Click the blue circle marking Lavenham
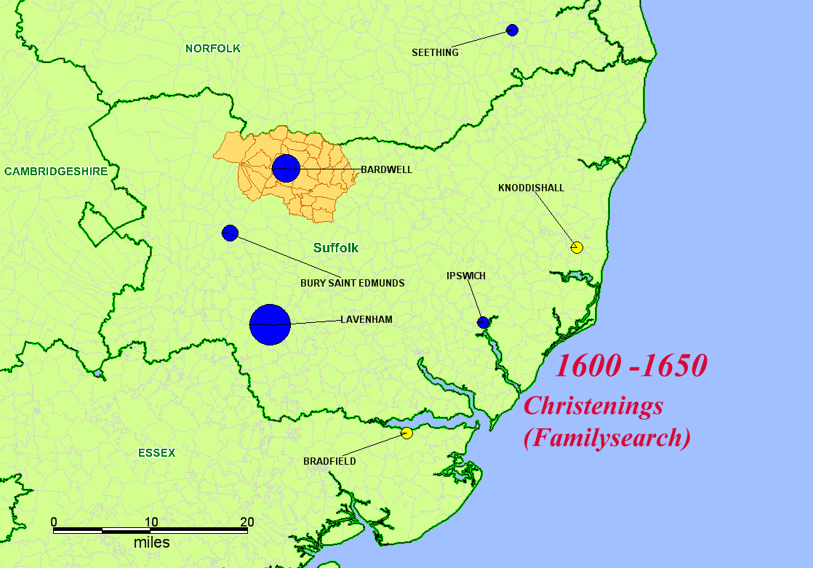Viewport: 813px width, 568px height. pyautogui.click(x=270, y=324)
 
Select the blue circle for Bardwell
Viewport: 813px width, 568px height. pyautogui.click(x=286, y=168)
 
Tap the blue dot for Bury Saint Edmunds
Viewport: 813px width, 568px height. pyautogui.click(x=230, y=233)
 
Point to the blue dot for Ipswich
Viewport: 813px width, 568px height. pyautogui.click(x=484, y=322)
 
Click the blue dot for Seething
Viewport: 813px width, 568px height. pyautogui.click(x=512, y=30)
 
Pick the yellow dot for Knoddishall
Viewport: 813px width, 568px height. pyautogui.click(x=577, y=247)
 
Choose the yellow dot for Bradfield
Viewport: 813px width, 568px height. pyautogui.click(x=406, y=433)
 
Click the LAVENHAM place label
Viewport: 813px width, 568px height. pyautogui.click(x=367, y=319)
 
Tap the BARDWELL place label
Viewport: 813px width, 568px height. pyautogui.click(x=386, y=169)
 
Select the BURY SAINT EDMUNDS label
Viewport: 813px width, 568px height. pyautogui.click(x=353, y=283)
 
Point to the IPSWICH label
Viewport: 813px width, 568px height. pyautogui.click(x=466, y=276)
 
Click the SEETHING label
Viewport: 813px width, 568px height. pyautogui.click(x=435, y=52)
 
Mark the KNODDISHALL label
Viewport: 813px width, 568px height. pyautogui.click(x=531, y=188)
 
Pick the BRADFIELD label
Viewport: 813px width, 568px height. pyautogui.click(x=329, y=461)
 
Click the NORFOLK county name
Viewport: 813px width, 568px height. pyautogui.click(x=212, y=48)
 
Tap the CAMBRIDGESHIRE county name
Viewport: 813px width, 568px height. pyautogui.click(x=55, y=172)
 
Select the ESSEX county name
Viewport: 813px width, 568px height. pyautogui.click(x=156, y=453)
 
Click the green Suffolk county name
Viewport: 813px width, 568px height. pyautogui.click(x=336, y=248)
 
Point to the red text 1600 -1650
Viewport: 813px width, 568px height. pyautogui.click(x=630, y=365)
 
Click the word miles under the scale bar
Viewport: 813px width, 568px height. pyautogui.click(x=151, y=543)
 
